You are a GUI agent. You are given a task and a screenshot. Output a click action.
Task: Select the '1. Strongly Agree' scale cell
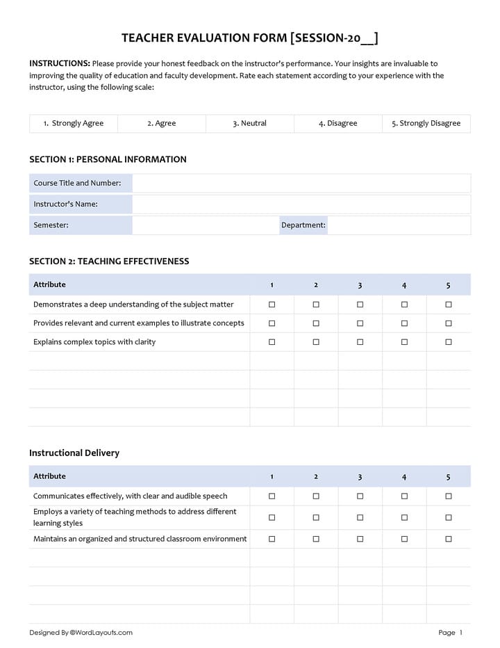pyautogui.click(x=74, y=123)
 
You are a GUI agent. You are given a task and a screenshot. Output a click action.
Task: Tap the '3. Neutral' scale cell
pyautogui.click(x=250, y=123)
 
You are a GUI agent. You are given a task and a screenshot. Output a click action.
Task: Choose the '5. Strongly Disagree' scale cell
pyautogui.click(x=426, y=123)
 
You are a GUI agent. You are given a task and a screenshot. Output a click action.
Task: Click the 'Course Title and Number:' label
pyautogui.click(x=77, y=183)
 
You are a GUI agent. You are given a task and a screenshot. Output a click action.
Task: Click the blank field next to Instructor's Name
pyautogui.click(x=301, y=204)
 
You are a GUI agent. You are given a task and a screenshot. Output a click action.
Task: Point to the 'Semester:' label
pyautogui.click(x=51, y=225)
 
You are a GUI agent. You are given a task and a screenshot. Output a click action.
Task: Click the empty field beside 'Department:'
pyautogui.click(x=399, y=225)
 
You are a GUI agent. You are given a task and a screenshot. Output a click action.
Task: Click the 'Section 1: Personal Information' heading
pyautogui.click(x=108, y=159)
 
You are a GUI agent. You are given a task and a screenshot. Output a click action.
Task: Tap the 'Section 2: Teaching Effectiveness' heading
pyautogui.click(x=109, y=261)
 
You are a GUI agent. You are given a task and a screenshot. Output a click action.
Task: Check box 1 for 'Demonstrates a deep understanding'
pyautogui.click(x=272, y=305)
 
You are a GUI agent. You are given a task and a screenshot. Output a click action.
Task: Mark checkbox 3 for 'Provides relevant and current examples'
pyautogui.click(x=360, y=323)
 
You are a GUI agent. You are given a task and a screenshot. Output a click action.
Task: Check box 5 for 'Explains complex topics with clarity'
pyautogui.click(x=448, y=342)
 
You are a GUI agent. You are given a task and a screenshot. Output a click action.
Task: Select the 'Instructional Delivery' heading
pyautogui.click(x=74, y=453)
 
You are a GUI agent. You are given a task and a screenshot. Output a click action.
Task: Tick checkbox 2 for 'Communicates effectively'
pyautogui.click(x=316, y=496)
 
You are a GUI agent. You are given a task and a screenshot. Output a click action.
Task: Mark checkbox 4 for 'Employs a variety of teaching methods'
pyautogui.click(x=404, y=517)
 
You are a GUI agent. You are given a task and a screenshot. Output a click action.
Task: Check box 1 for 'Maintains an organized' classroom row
pyautogui.click(x=272, y=539)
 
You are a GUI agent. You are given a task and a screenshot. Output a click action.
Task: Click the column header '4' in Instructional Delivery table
pyautogui.click(x=404, y=477)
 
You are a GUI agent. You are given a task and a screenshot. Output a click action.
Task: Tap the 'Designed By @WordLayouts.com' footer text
pyautogui.click(x=81, y=633)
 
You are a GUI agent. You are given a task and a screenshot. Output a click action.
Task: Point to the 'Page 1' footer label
pyautogui.click(x=450, y=633)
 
